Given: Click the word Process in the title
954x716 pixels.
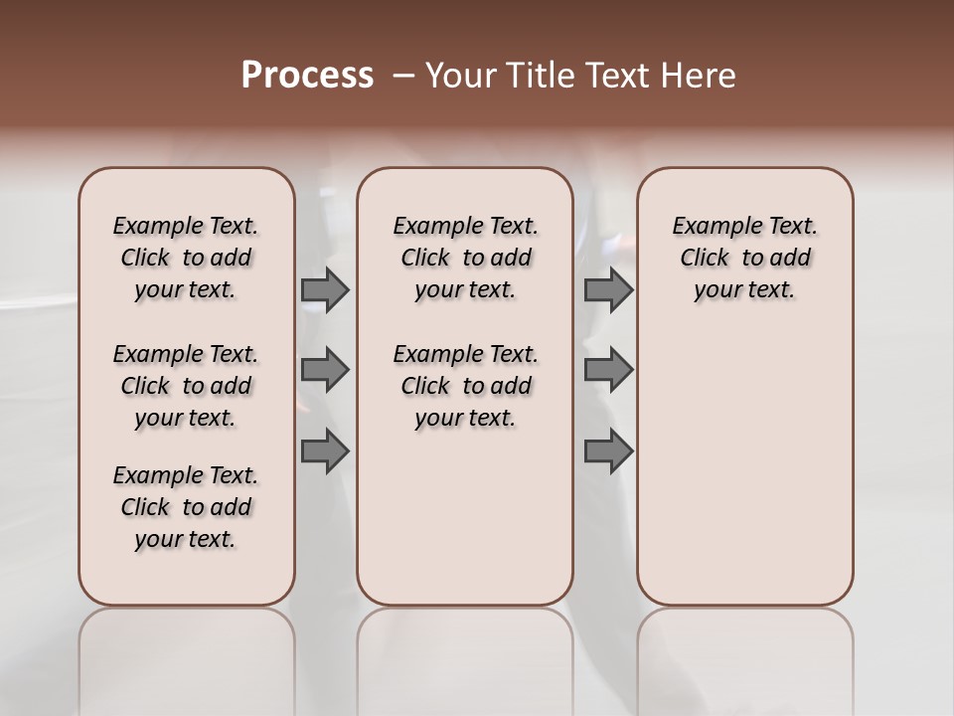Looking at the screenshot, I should pyautogui.click(x=307, y=76).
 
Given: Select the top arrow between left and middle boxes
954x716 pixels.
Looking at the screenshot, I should pyautogui.click(x=325, y=290).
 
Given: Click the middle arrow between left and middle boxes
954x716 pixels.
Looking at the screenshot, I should pyautogui.click(x=325, y=370).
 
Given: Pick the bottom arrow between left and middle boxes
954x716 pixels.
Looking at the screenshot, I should pyautogui.click(x=325, y=452).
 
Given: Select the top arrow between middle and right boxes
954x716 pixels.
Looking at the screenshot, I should pyautogui.click(x=608, y=290).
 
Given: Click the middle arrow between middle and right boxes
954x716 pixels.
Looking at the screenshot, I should pyautogui.click(x=608, y=370).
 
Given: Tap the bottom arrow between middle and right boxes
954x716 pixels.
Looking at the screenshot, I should pyautogui.click(x=608, y=452).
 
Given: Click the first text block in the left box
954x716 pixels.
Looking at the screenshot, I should pyautogui.click(x=186, y=258).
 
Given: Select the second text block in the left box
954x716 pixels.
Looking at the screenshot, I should pyautogui.click(x=186, y=386).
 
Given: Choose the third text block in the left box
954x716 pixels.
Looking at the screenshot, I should pyautogui.click(x=186, y=507).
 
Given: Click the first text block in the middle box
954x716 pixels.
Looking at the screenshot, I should pyautogui.click(x=465, y=258).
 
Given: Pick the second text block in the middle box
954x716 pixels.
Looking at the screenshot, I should pyautogui.click(x=465, y=386).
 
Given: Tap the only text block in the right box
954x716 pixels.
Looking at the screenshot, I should pyautogui.click(x=744, y=258).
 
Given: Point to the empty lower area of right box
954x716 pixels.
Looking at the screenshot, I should pyautogui.click(x=744, y=467).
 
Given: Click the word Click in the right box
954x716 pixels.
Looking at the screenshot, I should pyautogui.click(x=705, y=259).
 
